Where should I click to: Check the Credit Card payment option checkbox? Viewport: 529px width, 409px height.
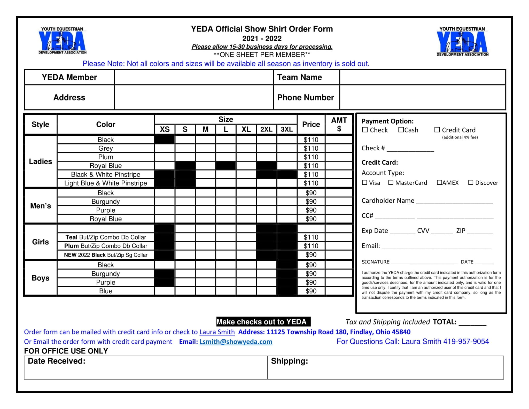(x=437, y=130)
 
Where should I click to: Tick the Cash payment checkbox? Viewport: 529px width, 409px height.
(x=401, y=130)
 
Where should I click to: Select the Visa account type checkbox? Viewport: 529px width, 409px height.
(x=364, y=182)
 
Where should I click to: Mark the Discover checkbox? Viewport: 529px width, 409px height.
(x=471, y=182)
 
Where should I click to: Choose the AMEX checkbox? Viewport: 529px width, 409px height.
(x=439, y=182)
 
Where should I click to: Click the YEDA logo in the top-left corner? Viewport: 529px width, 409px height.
(x=62, y=41)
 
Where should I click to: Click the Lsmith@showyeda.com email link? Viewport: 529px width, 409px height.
(x=236, y=342)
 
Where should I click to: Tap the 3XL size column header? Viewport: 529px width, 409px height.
(x=286, y=129)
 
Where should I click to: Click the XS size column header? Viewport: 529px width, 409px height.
(x=165, y=129)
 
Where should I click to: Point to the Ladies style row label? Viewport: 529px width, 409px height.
(x=40, y=161)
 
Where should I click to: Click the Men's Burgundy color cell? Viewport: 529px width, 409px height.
(x=106, y=202)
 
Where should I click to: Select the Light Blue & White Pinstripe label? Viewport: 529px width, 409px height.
(x=106, y=183)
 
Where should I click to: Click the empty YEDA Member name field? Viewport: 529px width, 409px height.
(x=194, y=77)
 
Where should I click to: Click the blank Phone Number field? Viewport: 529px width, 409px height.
(x=422, y=97)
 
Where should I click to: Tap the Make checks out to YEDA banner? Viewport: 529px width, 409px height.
(x=263, y=322)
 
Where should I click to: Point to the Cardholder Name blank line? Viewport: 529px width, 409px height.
(x=454, y=202)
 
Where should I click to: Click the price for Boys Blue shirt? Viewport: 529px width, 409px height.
(x=311, y=291)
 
